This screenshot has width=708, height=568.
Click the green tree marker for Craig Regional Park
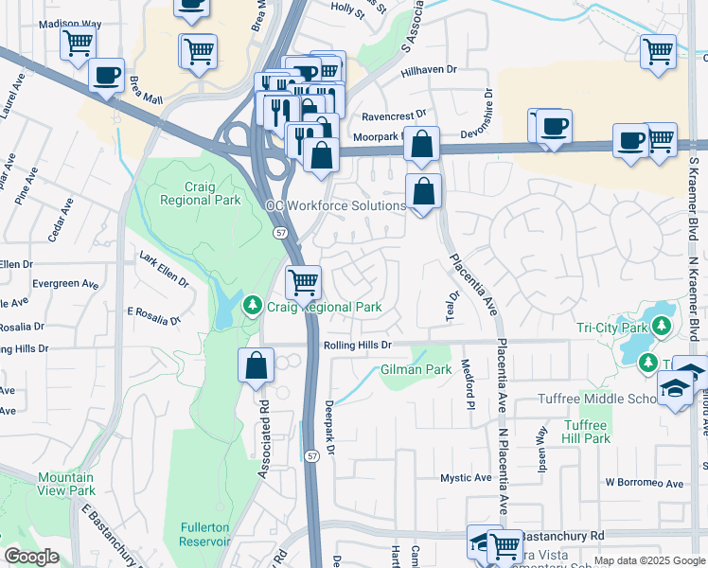pyautogui.click(x=252, y=306)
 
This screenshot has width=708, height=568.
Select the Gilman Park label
pyautogui.click(x=416, y=369)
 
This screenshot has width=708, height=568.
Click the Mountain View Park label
pyautogui.click(x=66, y=484)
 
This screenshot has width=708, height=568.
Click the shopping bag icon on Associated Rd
pyautogui.click(x=256, y=366)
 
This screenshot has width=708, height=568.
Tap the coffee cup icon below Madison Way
pyautogui.click(x=106, y=75)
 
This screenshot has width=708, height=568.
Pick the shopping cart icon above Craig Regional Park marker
pyautogui.click(x=303, y=281)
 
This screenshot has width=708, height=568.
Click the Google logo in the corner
pyautogui.click(x=31, y=557)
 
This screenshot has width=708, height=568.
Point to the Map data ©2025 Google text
pyautogui.click(x=648, y=560)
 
